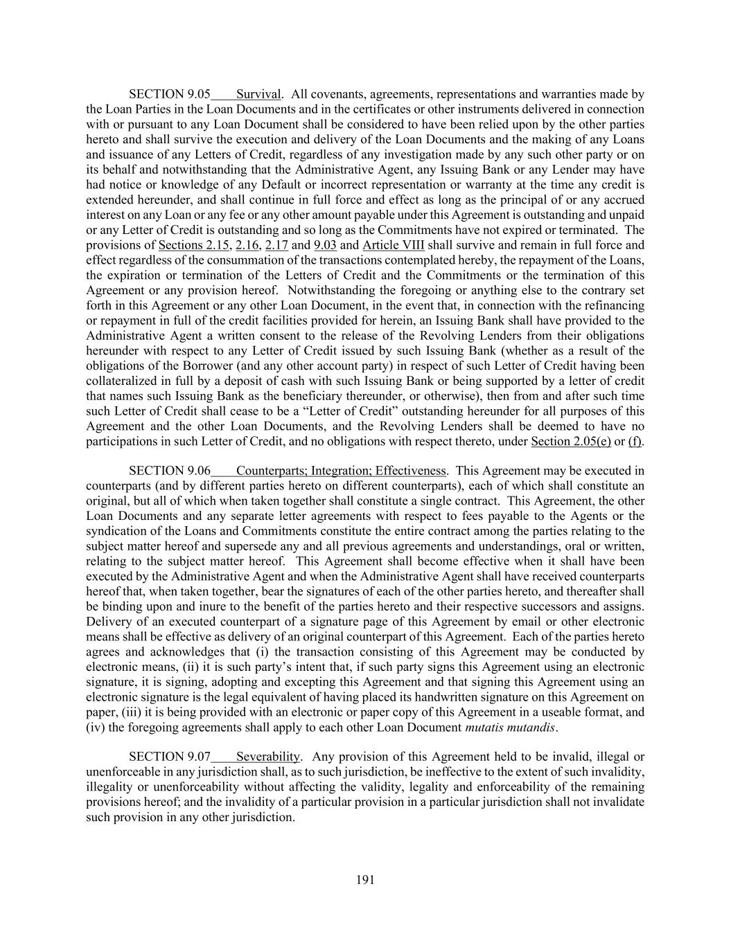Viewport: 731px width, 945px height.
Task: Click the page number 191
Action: tap(365, 880)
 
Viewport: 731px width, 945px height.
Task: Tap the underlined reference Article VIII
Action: tap(393, 245)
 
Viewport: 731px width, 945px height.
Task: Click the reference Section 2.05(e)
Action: tap(570, 441)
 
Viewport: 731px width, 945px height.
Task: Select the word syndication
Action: tap(118, 531)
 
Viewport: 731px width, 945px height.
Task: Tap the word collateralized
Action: tap(123, 381)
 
